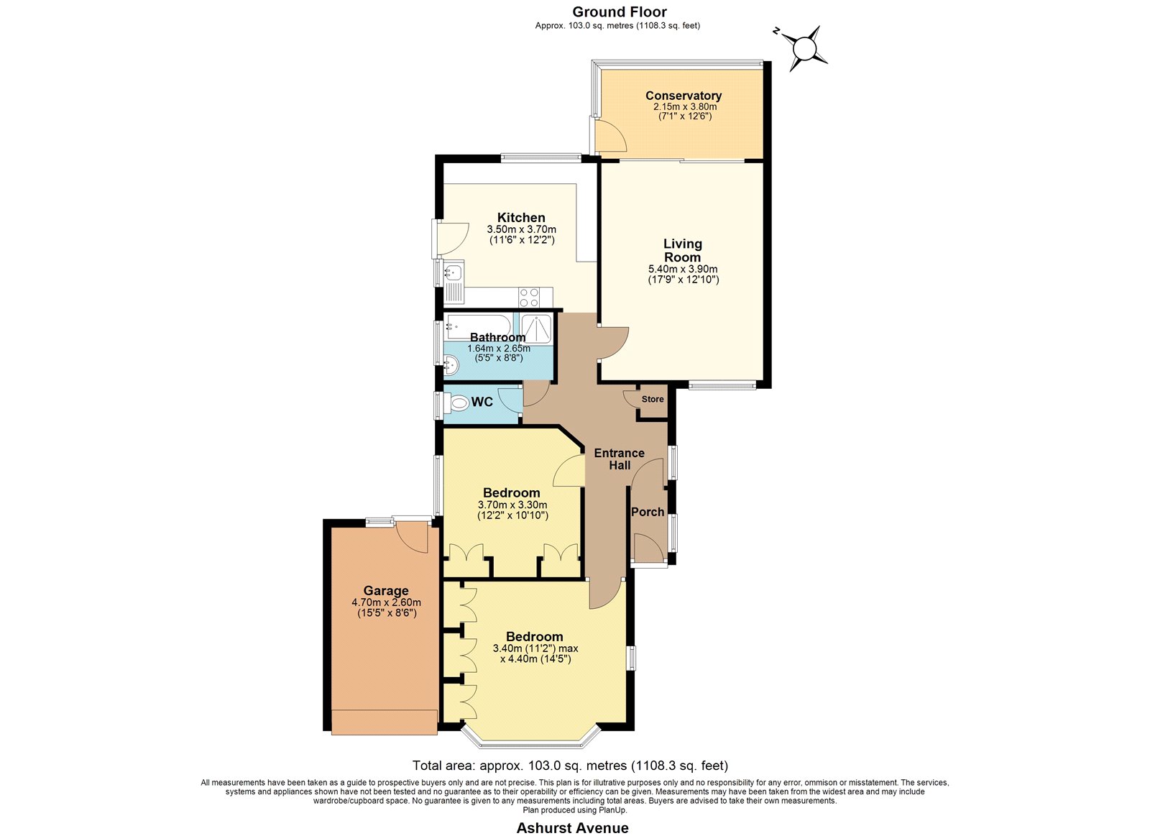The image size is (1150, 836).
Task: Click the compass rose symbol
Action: coord(804,49)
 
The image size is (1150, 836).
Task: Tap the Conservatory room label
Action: coord(684,96)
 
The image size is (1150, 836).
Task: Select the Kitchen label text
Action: coord(521,217)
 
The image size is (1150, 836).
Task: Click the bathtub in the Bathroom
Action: coord(479,326)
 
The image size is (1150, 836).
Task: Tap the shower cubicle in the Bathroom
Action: coord(535,328)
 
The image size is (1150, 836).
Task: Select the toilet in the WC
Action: coord(456,403)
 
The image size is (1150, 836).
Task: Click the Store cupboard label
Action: coord(653,399)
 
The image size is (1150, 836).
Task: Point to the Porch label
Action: coord(648,512)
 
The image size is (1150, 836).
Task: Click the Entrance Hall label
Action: coord(619,459)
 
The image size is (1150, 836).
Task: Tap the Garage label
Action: coord(386,591)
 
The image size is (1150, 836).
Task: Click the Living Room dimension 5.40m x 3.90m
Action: coord(683,269)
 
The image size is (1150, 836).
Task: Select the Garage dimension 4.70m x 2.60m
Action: coord(386,602)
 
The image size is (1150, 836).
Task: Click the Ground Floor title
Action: coord(620,12)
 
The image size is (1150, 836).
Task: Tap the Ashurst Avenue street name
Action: coord(572,828)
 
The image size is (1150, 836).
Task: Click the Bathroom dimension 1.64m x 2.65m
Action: coord(499,348)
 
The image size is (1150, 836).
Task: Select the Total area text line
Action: coord(571,766)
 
